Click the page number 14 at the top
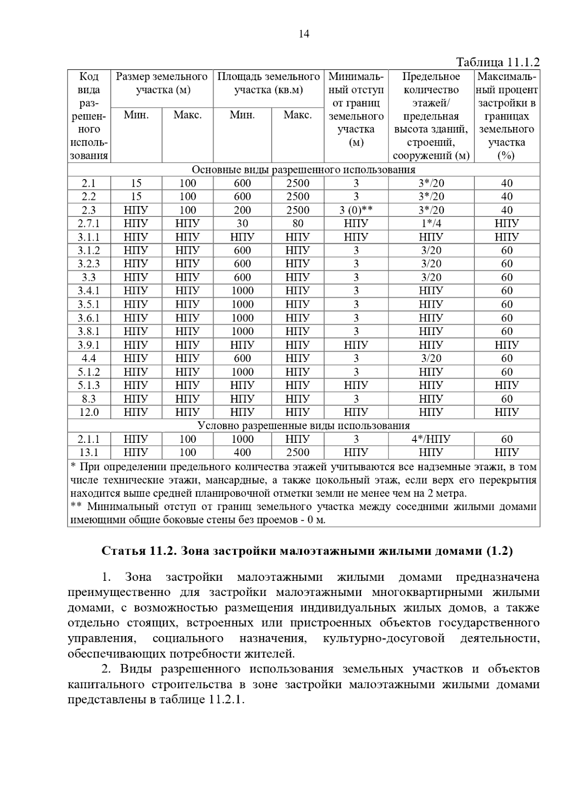point(304,34)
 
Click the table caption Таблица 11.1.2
point(498,62)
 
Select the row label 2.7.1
point(89,224)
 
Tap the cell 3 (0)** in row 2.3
point(356,210)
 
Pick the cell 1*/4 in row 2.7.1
point(431,224)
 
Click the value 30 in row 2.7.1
point(242,224)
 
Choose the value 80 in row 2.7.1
point(297,224)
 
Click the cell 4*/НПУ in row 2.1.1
point(431,439)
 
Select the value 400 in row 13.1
point(242,452)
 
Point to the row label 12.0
point(89,412)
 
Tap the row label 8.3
point(89,399)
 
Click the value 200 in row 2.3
point(242,210)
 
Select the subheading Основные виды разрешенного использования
point(303,170)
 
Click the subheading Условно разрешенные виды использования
point(303,425)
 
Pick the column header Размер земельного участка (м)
point(162,83)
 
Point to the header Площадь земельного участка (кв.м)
point(268,83)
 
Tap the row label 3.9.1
point(89,345)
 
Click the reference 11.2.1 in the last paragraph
point(224,700)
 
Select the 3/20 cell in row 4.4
point(431,358)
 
